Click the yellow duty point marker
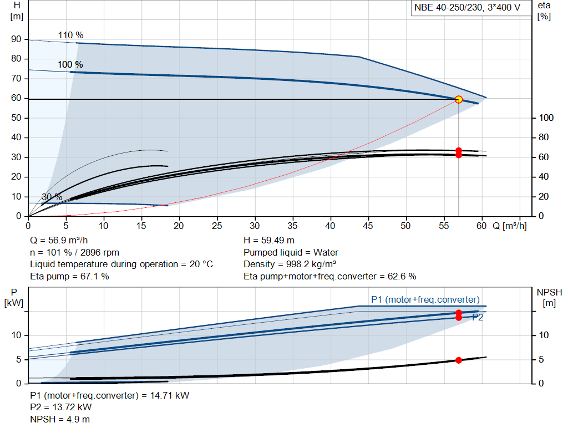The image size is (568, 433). [459, 99]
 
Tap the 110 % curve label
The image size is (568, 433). [70, 35]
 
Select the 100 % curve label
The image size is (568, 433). [70, 64]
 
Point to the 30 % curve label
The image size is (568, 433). [52, 197]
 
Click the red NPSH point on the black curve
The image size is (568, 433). [459, 360]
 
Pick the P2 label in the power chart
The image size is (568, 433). [478, 318]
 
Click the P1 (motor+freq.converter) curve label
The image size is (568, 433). [425, 300]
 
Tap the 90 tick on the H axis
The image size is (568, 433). [16, 39]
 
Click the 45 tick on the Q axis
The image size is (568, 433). [368, 226]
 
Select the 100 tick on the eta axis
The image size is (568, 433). [546, 118]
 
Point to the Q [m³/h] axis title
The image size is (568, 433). [510, 226]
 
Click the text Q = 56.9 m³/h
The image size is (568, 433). [59, 241]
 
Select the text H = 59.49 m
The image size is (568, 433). [269, 241]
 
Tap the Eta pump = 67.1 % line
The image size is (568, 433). [69, 277]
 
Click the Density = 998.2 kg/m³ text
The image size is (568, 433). [290, 264]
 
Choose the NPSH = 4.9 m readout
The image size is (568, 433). [60, 419]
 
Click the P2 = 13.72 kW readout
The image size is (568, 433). [61, 407]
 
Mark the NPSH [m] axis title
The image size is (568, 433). [549, 298]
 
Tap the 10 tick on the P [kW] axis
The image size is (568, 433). [16, 335]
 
